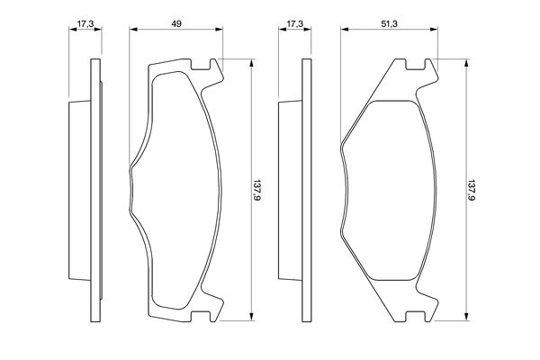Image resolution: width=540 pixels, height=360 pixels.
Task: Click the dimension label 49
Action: (x=176, y=23)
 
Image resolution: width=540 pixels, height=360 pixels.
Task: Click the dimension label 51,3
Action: (x=389, y=23)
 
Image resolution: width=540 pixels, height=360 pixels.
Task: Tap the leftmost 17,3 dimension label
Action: (x=85, y=23)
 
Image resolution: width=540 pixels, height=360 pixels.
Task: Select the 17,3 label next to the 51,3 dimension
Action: (x=295, y=23)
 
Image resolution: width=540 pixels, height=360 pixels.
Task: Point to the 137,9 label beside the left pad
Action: (x=256, y=190)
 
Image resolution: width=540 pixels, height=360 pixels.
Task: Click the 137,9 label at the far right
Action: (x=471, y=190)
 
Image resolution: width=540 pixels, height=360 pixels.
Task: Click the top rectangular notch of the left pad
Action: (x=201, y=64)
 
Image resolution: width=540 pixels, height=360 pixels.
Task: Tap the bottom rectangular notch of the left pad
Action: (x=201, y=317)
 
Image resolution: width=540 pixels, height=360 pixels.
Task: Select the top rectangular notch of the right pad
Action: (x=415, y=64)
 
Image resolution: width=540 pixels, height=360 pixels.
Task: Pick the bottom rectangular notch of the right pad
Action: (x=415, y=317)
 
